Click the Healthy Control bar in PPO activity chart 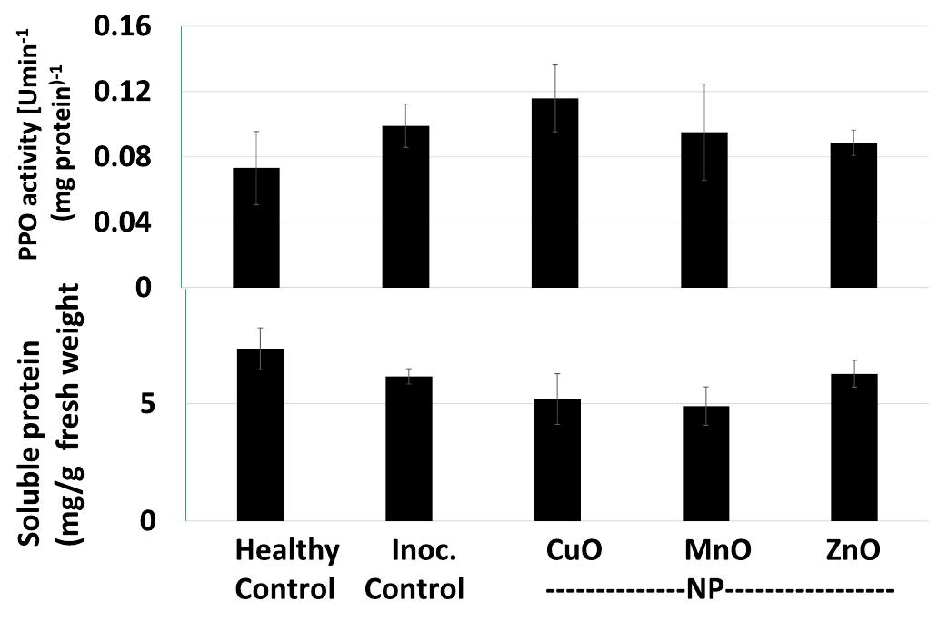point(256,227)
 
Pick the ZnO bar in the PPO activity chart point(853,214)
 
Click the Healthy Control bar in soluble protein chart point(260,435)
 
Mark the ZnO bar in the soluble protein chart point(854,448)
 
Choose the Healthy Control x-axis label point(287,570)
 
